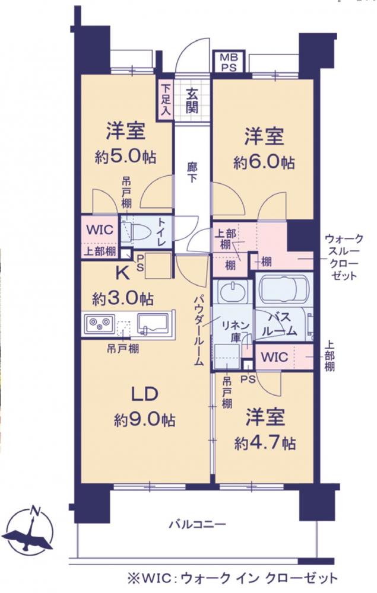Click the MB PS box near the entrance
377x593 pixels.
click(x=229, y=62)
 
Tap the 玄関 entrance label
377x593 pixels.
click(x=192, y=100)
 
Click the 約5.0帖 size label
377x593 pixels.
click(x=125, y=155)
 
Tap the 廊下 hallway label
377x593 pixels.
click(x=192, y=172)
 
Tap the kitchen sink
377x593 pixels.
click(x=152, y=324)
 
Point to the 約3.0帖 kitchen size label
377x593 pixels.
click(x=123, y=299)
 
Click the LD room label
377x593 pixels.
click(x=144, y=394)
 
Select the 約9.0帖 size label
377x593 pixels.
click(x=144, y=419)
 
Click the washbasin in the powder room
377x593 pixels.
click(x=230, y=291)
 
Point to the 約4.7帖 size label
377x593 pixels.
click(x=265, y=442)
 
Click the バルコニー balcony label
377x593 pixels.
click(x=197, y=524)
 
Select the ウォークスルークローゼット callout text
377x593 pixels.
click(x=344, y=257)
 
